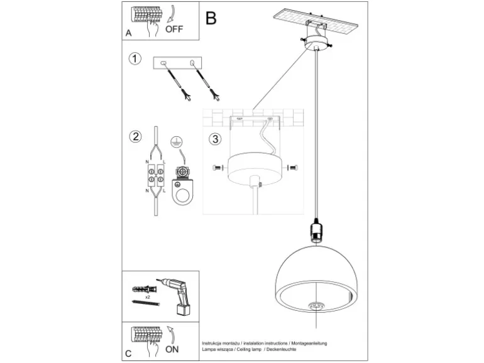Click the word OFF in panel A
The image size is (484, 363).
click(x=174, y=29)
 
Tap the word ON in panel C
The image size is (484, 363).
click(x=172, y=349)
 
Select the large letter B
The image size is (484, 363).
click(x=211, y=18)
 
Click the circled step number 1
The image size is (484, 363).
click(x=135, y=58)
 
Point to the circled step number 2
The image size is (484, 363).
click(x=136, y=136)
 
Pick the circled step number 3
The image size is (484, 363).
click(x=215, y=139)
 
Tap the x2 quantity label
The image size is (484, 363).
click(x=148, y=297)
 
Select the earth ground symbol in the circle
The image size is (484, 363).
click(x=177, y=142)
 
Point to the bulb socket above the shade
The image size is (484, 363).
click(x=316, y=230)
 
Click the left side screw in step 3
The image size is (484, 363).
click(x=217, y=168)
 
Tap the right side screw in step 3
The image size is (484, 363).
click(x=292, y=168)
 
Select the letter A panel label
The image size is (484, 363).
click(x=128, y=33)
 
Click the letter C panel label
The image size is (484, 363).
click(x=128, y=354)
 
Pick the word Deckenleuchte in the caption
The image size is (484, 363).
click(x=281, y=349)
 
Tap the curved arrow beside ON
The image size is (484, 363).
click(x=171, y=335)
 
